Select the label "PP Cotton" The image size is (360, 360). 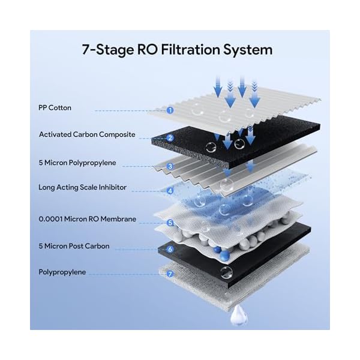(55, 109)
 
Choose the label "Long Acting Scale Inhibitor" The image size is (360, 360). (83, 187)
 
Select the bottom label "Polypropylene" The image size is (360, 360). (62, 272)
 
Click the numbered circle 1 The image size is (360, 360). (170, 110)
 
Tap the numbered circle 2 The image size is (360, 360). (170, 138)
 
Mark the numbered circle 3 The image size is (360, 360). (170, 166)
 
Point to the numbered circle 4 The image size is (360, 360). (170, 191)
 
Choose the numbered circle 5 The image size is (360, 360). (170, 223)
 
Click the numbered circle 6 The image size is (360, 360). (170, 248)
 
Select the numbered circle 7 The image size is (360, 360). (170, 274)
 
